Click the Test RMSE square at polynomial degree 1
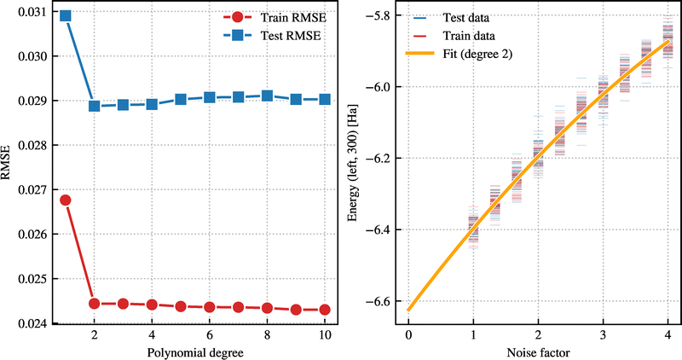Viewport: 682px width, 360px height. click(65, 16)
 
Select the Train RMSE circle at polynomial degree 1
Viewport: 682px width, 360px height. click(65, 200)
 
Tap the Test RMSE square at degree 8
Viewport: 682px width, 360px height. click(267, 96)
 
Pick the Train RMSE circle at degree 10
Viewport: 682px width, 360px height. click(325, 310)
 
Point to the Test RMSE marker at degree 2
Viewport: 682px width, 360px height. click(94, 106)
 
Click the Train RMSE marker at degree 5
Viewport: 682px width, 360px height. click(181, 306)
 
